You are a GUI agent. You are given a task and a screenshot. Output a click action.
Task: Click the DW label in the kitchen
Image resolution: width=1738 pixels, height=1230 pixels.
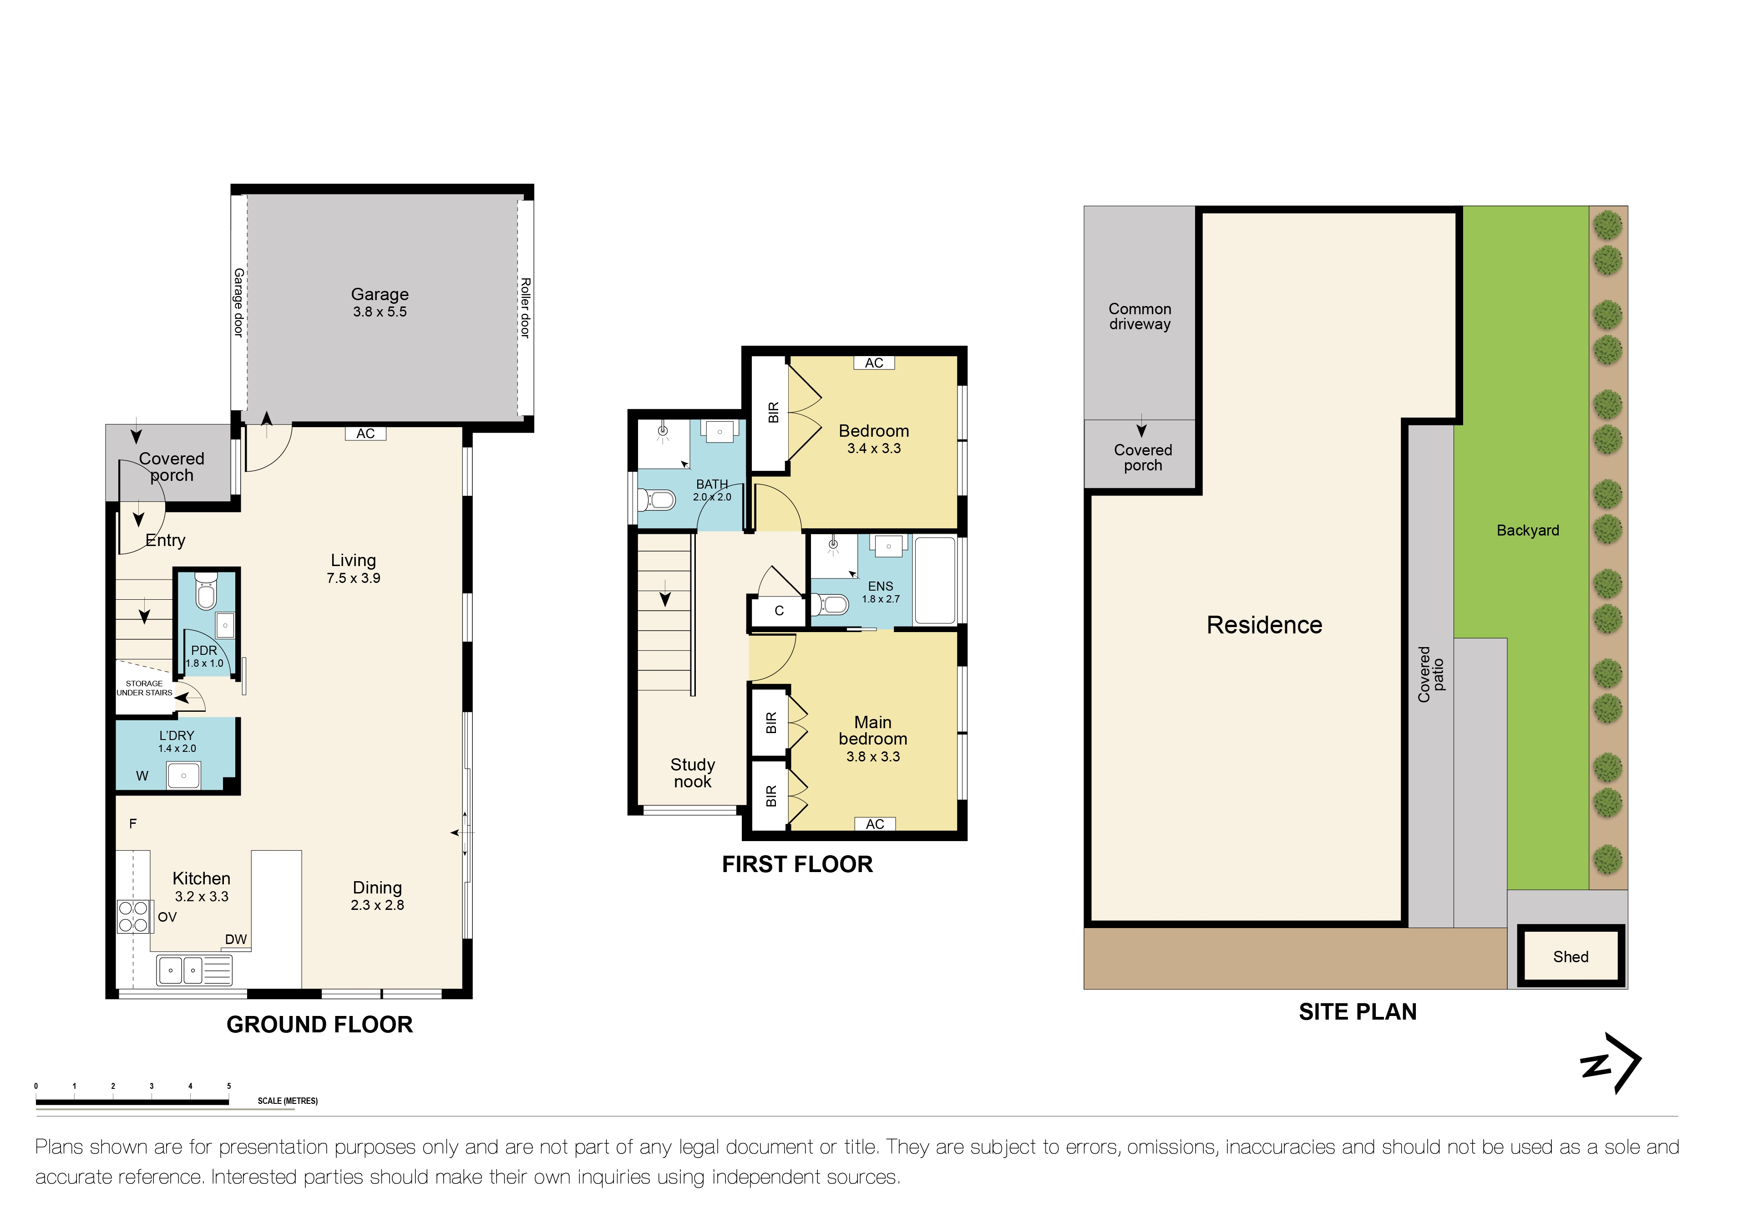pyautogui.click(x=235, y=939)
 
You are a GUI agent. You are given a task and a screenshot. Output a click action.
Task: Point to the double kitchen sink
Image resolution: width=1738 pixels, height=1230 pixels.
pyautogui.click(x=182, y=970)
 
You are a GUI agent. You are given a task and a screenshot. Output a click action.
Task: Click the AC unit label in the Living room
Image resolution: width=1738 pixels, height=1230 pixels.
pyautogui.click(x=365, y=433)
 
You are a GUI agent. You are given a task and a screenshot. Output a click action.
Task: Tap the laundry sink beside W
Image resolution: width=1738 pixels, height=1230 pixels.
pyautogui.click(x=183, y=776)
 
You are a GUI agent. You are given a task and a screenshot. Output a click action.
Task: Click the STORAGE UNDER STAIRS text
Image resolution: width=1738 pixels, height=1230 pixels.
pyautogui.click(x=144, y=688)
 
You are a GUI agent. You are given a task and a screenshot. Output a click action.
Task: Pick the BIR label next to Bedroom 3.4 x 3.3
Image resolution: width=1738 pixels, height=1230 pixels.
pyautogui.click(x=773, y=412)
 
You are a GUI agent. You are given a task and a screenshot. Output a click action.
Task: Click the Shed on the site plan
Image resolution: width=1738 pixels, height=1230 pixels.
pyautogui.click(x=1570, y=957)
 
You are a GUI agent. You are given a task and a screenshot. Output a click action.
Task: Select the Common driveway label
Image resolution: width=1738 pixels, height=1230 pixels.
pyautogui.click(x=1139, y=316)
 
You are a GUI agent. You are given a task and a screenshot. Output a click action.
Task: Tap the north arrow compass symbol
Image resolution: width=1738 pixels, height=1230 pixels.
pyautogui.click(x=1611, y=1063)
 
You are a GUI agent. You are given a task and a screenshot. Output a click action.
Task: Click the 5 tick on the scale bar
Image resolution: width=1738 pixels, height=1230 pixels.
pyautogui.click(x=228, y=1086)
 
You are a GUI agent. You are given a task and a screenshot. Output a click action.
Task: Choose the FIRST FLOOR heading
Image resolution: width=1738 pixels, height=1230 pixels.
pyautogui.click(x=796, y=864)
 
